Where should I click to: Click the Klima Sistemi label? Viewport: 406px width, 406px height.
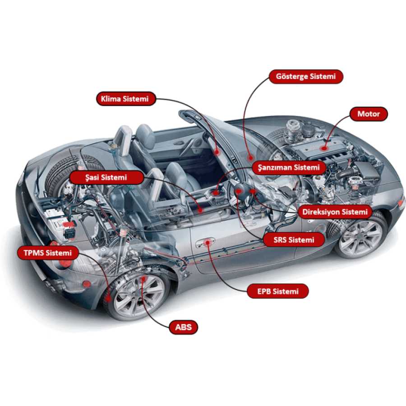point(126,99)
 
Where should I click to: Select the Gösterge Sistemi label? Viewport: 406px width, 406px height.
point(306,76)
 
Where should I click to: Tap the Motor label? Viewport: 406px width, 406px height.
point(369,114)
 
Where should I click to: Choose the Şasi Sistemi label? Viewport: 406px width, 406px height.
point(106,177)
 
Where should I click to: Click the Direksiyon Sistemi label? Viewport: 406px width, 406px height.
point(335,212)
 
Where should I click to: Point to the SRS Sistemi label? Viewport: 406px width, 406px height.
point(294,240)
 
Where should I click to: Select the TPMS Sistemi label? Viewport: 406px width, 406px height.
point(48,253)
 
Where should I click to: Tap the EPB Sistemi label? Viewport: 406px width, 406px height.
point(278,291)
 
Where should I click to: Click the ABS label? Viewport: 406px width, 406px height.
point(183,328)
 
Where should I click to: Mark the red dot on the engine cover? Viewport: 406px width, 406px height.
point(323,148)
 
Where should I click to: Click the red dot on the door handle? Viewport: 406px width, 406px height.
point(208,243)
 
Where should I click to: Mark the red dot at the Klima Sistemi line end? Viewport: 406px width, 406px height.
point(217,152)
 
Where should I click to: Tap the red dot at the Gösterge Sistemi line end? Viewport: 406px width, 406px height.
point(250,157)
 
